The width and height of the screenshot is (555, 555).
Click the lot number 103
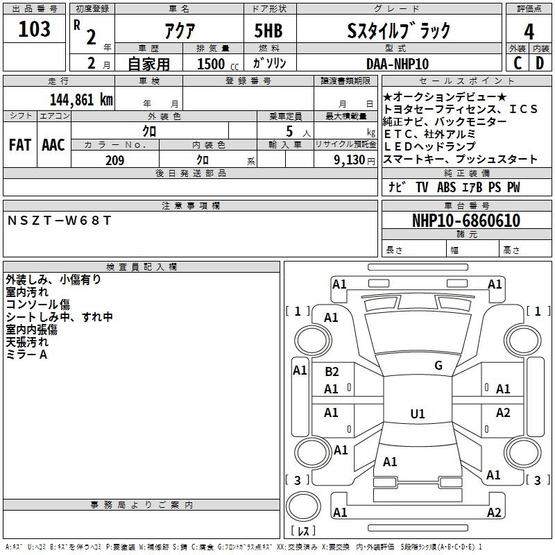tap(34, 29)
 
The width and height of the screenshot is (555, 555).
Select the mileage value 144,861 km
tap(81, 100)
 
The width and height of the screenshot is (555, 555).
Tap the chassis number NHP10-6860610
tap(466, 221)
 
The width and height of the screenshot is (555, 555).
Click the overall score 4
tap(529, 32)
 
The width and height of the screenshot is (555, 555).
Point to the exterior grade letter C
tap(518, 63)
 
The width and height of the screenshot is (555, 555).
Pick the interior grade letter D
tap(540, 63)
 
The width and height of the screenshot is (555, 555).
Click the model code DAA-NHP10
tap(398, 64)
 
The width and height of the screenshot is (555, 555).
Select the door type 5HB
tap(268, 31)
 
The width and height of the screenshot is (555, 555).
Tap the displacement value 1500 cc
tap(218, 64)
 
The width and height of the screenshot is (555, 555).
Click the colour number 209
tap(115, 160)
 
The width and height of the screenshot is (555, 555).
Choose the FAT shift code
tap(20, 145)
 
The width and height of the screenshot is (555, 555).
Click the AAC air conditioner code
tap(53, 145)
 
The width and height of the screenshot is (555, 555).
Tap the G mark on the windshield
tap(438, 366)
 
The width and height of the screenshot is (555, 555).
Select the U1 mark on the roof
tap(418, 413)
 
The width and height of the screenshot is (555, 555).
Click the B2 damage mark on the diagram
tap(332, 372)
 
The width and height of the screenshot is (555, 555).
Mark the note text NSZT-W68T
tap(59, 221)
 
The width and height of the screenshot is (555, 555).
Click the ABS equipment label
tap(446, 187)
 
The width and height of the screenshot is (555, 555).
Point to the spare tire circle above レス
tap(303, 506)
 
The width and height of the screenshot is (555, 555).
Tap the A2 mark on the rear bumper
tap(494, 513)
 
